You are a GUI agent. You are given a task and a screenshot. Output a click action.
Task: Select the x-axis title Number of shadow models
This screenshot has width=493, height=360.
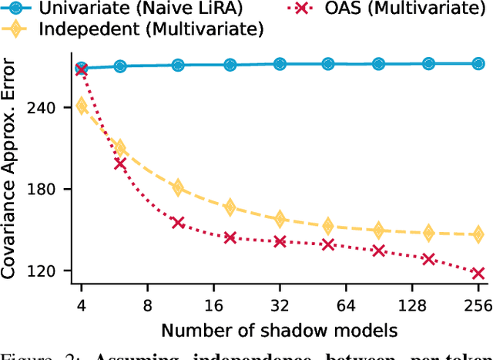[x=278, y=331]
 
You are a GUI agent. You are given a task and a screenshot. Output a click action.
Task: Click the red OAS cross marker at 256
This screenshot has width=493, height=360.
[x=478, y=273]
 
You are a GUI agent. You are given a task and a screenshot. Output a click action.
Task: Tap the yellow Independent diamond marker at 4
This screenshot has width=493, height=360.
[x=81, y=106]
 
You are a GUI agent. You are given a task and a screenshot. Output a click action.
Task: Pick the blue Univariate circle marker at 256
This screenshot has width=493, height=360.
[x=478, y=64]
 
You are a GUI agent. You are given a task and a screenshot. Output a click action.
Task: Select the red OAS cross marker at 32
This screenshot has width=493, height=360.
[x=280, y=241]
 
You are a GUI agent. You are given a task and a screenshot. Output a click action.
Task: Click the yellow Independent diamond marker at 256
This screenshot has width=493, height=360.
[x=478, y=234]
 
